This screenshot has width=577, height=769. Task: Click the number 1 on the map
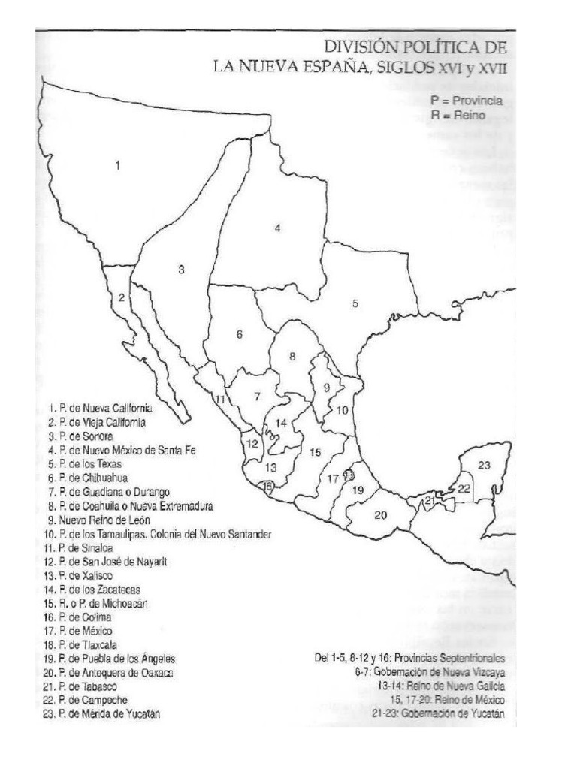[117, 166]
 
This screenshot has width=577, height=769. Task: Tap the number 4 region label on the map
[277, 228]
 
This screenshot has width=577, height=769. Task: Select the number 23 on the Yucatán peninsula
[484, 465]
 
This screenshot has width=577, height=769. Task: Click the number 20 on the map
[380, 514]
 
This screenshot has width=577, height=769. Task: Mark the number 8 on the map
[292, 356]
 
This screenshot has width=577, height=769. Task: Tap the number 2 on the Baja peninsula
[120, 297]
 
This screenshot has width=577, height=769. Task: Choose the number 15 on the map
[316, 451]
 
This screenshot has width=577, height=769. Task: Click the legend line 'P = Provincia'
[466, 100]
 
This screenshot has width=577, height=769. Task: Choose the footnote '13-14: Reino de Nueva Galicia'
[441, 686]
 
